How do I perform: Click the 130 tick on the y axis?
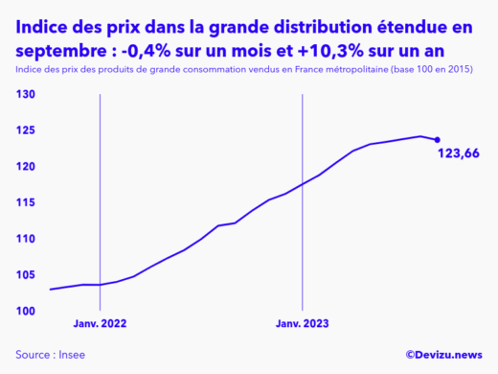pos(25,94)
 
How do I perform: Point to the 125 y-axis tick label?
pos(25,130)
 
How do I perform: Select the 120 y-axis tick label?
pos(25,167)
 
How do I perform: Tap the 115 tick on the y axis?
pos(25,202)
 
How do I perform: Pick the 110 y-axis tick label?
pos(25,239)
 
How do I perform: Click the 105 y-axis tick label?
pos(25,274)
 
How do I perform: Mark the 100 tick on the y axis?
pos(25,311)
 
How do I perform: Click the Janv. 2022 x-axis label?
pos(100,324)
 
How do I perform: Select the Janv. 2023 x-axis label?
pos(303,324)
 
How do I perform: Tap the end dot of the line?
pos(438,140)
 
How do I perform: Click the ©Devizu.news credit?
pos(443,354)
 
